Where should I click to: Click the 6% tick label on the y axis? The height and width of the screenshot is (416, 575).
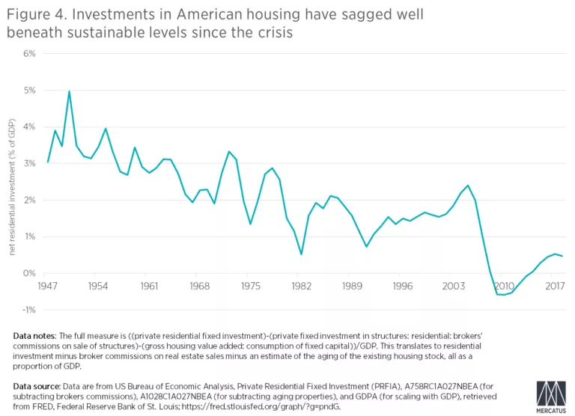click(30, 54)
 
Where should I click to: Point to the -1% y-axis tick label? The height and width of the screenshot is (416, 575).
click(29, 310)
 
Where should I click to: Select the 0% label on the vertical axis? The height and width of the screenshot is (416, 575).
click(30, 274)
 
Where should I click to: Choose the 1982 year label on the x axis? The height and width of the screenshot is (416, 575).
click(301, 287)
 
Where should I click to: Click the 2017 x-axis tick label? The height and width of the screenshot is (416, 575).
click(555, 287)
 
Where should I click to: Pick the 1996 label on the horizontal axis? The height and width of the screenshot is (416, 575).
click(403, 287)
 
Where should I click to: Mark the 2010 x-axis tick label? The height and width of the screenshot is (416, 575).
click(504, 287)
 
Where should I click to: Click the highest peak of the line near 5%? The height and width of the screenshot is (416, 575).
click(69, 91)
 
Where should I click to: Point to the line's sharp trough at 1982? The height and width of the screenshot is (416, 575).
click(301, 254)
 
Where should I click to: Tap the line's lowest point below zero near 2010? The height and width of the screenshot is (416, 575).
click(503, 295)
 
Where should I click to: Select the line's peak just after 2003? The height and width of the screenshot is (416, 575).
click(468, 186)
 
